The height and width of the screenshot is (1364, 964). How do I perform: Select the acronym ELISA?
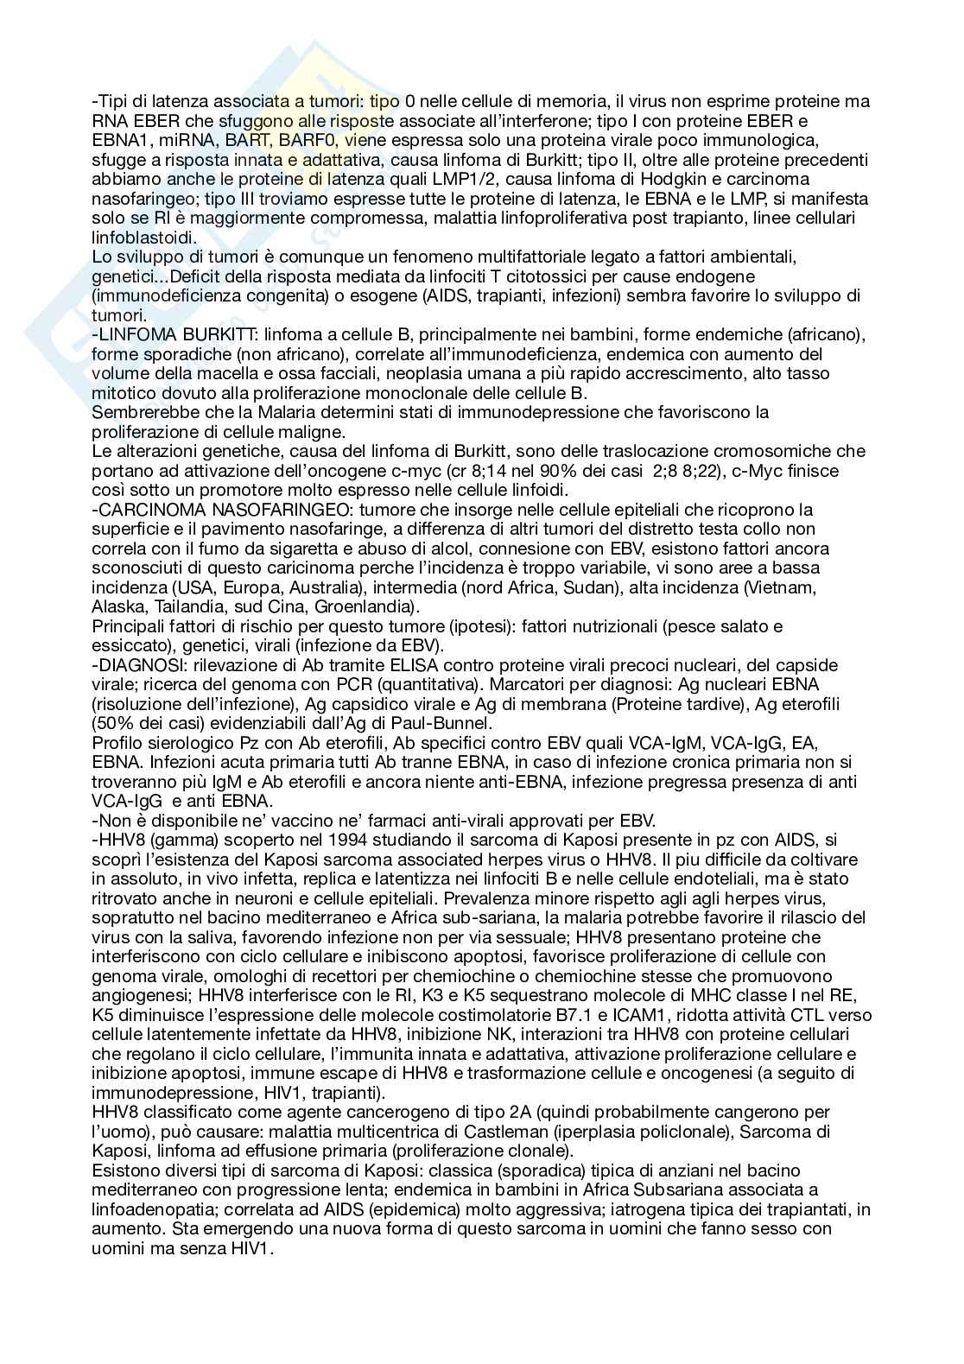pyautogui.click(x=431, y=664)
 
